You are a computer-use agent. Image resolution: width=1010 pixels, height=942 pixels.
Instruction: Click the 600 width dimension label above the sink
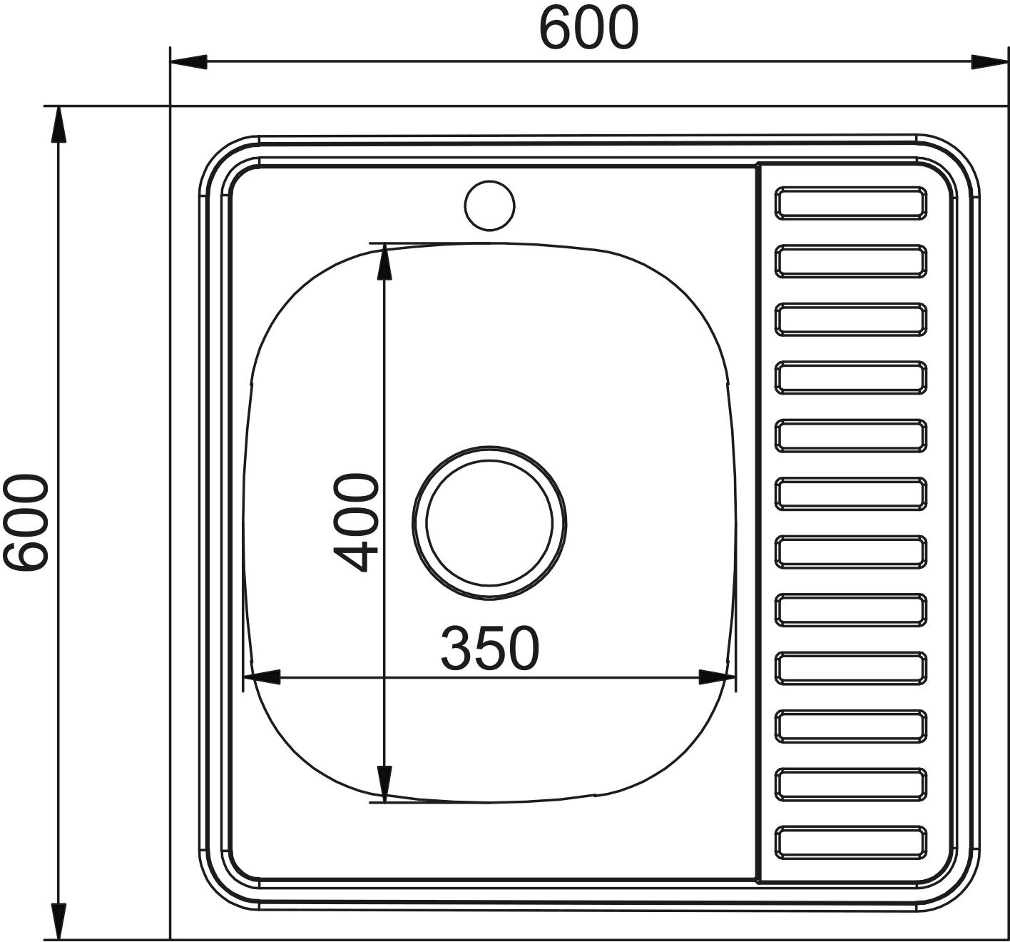click(x=588, y=28)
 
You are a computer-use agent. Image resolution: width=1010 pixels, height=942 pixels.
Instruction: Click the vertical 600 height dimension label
click(x=26, y=522)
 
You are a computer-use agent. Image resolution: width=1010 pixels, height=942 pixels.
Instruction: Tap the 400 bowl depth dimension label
click(x=356, y=522)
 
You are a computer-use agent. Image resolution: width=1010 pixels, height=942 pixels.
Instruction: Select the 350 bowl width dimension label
click(x=489, y=649)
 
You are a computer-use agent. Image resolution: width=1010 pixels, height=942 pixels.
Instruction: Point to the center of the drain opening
click(x=489, y=522)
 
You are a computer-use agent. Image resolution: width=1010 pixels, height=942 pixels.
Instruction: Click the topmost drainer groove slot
click(x=850, y=203)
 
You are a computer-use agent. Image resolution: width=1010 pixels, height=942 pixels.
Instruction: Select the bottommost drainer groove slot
click(x=850, y=842)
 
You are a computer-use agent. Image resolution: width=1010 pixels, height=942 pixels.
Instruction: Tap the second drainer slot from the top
click(x=850, y=261)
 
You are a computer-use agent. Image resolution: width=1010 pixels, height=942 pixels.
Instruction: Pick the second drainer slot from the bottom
click(x=850, y=784)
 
